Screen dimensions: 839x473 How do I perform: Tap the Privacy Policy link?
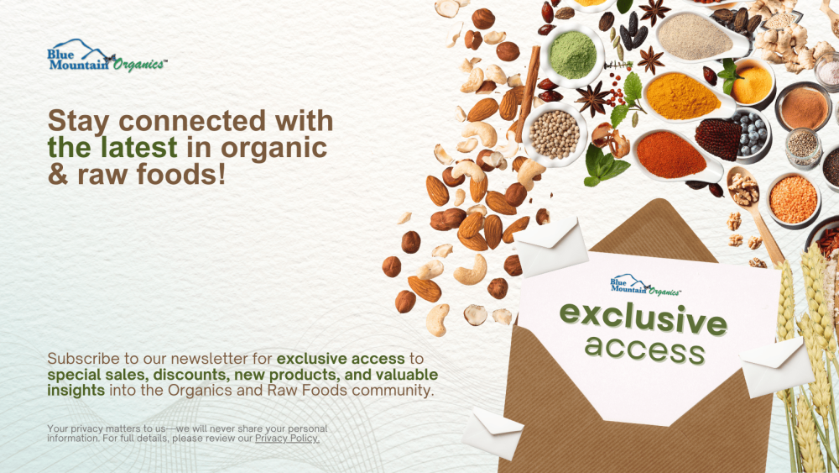click(x=287, y=439)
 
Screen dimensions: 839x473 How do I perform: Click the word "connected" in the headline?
click(x=191, y=120)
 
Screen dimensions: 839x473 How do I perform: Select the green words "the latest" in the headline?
click(x=112, y=147)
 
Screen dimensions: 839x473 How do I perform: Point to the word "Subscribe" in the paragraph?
click(x=83, y=359)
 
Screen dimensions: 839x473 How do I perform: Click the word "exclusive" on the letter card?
click(x=644, y=318)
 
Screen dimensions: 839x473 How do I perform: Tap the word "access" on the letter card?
click(x=644, y=349)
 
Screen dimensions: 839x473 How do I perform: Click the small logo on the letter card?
click(x=644, y=286)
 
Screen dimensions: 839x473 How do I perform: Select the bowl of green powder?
click(x=573, y=54)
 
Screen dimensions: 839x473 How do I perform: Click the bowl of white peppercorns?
click(x=555, y=134)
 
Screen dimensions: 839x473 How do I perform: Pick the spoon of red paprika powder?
click(x=677, y=155)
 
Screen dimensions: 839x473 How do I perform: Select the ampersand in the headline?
click(x=58, y=175)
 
